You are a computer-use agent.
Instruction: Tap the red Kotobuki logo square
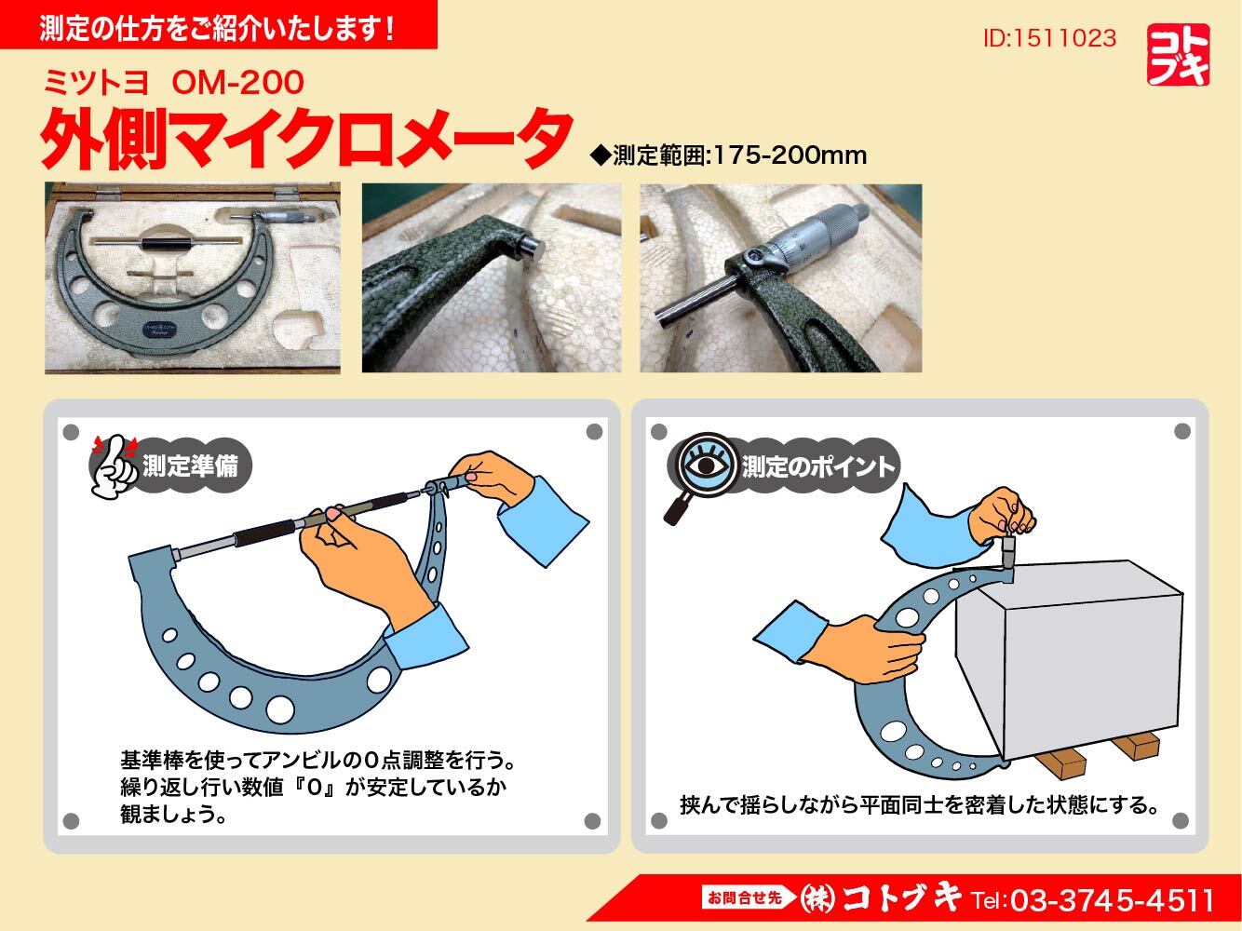(x=1178, y=55)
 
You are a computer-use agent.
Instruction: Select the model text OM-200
(x=237, y=83)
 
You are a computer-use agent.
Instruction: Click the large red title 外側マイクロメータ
(x=305, y=139)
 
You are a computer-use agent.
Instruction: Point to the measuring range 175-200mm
(x=790, y=155)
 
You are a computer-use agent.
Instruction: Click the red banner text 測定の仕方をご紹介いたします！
(x=217, y=28)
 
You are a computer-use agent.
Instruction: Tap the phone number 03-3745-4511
(x=1113, y=900)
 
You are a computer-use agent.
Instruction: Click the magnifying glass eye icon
(x=706, y=465)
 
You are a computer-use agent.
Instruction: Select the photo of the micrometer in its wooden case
(x=193, y=277)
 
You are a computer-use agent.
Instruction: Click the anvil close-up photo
(x=492, y=277)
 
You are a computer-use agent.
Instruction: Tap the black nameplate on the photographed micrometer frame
(x=159, y=331)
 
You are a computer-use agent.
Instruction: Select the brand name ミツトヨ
(x=96, y=83)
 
